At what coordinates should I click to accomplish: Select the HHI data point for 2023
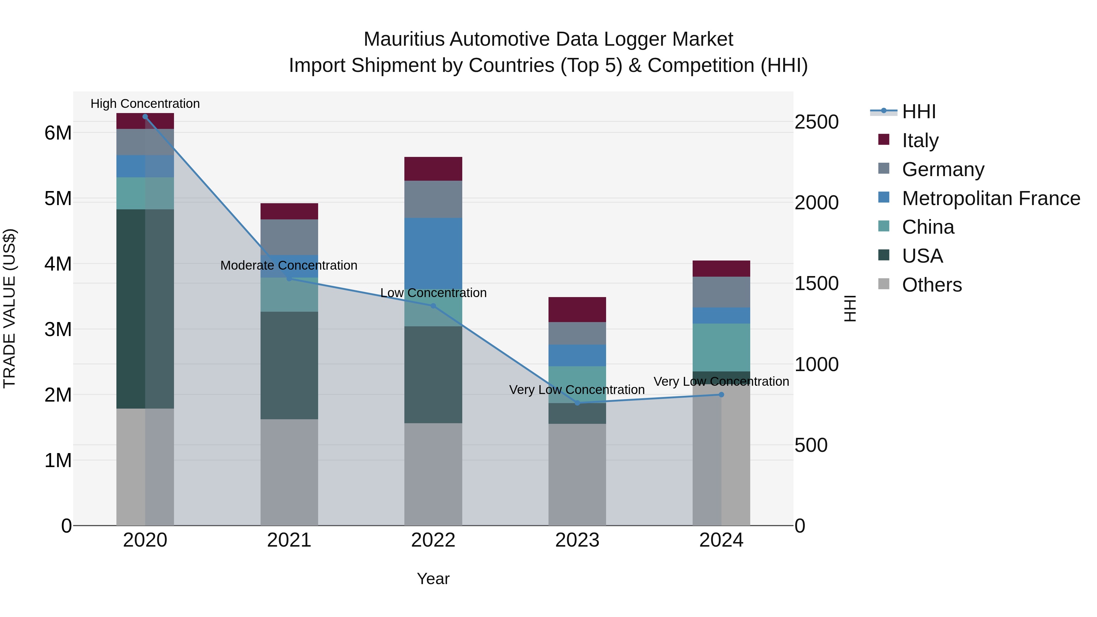[x=577, y=403]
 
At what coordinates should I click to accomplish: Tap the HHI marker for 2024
[x=721, y=395]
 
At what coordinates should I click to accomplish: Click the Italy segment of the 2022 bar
[x=433, y=168]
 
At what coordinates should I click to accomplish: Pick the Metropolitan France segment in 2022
[x=433, y=251]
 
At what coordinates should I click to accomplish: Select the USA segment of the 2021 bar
[x=289, y=365]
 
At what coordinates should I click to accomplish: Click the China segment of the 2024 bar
[x=721, y=347]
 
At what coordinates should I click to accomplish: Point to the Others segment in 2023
[x=577, y=474]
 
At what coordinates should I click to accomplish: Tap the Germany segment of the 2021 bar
[x=289, y=237]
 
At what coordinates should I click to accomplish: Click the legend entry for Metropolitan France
[x=991, y=198]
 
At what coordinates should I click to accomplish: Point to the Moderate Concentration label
[x=289, y=265]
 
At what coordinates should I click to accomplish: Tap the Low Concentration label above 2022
[x=433, y=293]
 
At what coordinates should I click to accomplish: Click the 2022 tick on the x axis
[x=433, y=540]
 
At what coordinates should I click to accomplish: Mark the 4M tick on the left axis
[x=58, y=264]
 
